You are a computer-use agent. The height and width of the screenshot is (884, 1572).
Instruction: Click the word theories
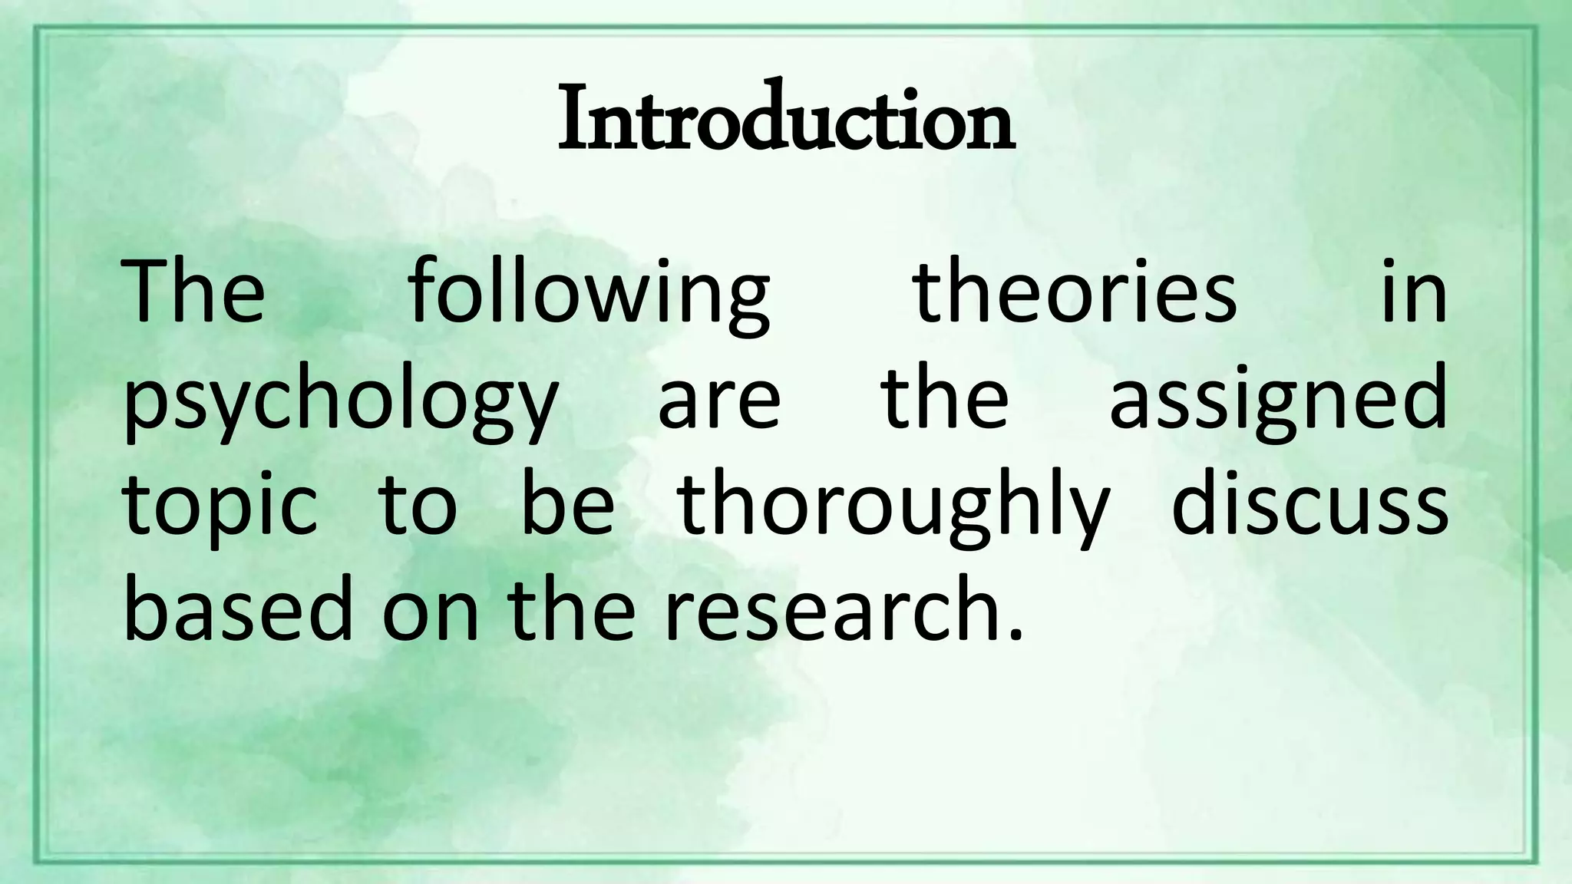pyautogui.click(x=1075, y=292)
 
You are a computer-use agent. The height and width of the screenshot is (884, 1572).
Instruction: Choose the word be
pyautogui.click(x=568, y=505)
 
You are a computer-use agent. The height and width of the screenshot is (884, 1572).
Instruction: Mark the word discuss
pyautogui.click(x=1309, y=505)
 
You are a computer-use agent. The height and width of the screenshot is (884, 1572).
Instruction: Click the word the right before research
pyautogui.click(x=572, y=611)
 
